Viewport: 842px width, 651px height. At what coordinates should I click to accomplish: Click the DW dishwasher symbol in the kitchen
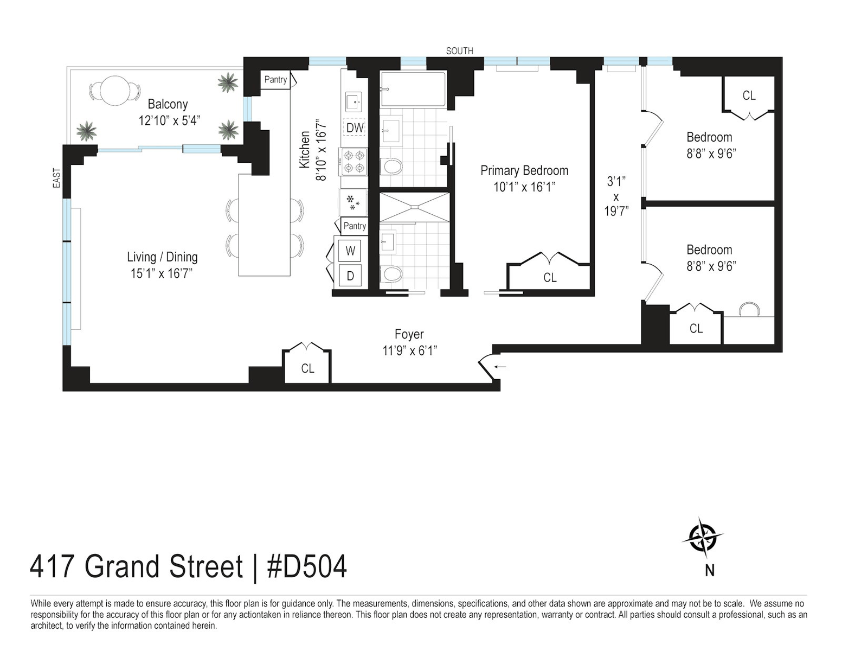click(354, 127)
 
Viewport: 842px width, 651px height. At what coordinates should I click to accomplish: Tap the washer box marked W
click(350, 251)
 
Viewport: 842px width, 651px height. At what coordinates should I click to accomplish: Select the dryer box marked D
click(350, 276)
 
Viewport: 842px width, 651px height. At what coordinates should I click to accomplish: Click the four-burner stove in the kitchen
click(354, 162)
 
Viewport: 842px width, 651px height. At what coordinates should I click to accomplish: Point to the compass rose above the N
click(702, 539)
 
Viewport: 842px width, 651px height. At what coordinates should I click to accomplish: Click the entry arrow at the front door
click(500, 366)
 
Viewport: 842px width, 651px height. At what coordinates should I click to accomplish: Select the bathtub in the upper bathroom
click(413, 89)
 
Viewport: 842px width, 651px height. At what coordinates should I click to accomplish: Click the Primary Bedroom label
click(524, 170)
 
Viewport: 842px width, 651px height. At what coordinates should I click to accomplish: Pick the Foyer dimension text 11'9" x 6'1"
click(409, 351)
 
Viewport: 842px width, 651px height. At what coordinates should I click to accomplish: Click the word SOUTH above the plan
click(460, 51)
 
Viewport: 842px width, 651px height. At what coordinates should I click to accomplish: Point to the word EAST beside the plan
click(57, 178)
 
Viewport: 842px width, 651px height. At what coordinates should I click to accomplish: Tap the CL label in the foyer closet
click(307, 368)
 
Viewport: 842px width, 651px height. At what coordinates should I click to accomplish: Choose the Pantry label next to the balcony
click(275, 80)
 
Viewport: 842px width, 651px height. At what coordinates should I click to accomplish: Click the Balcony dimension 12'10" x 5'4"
click(169, 121)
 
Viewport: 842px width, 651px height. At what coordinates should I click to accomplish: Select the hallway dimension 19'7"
click(616, 212)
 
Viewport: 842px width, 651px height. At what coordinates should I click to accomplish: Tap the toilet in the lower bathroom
click(391, 274)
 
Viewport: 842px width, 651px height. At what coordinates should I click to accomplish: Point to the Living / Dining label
click(162, 257)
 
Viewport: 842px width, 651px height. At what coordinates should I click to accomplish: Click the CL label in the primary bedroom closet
click(550, 278)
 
